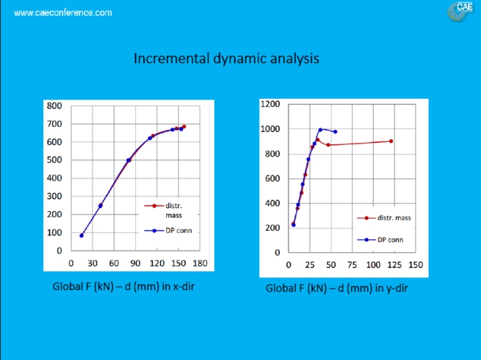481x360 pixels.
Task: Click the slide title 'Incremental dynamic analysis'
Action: coord(226,58)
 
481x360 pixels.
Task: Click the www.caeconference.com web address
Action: coord(63,13)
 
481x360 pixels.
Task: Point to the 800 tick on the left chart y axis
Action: coord(54,106)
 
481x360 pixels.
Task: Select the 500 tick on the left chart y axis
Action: coord(54,160)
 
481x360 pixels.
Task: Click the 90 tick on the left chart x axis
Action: coord(135,263)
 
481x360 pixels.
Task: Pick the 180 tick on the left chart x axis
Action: coord(200,263)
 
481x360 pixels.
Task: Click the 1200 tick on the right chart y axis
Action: coord(270,104)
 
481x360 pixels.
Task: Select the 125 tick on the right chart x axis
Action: coord(394,265)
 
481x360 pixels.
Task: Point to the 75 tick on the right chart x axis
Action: coord(352,265)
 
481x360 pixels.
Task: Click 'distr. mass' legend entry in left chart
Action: coord(173,210)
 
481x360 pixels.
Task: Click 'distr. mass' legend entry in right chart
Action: coord(394,218)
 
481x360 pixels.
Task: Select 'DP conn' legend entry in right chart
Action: coord(390,240)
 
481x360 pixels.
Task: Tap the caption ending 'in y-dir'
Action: coord(337,288)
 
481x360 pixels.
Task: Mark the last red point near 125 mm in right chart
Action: coord(391,141)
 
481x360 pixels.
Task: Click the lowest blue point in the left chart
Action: coord(82,236)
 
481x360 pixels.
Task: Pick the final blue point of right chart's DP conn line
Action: coord(335,132)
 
